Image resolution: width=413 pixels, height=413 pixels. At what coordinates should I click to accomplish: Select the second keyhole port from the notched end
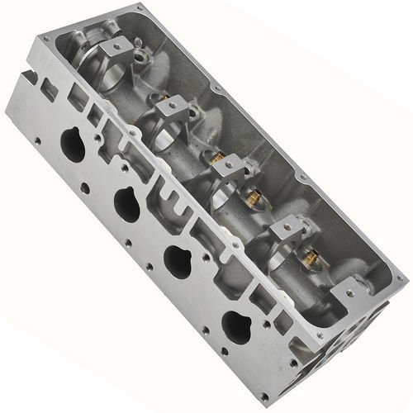coord(127,203)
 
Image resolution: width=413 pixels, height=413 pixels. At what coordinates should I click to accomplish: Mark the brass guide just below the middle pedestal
coord(252,196)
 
